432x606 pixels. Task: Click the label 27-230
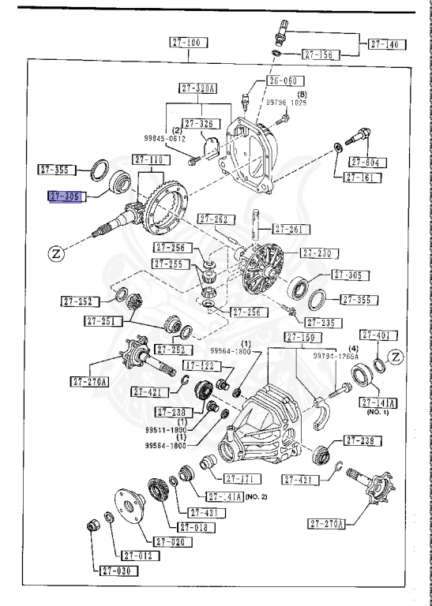pos(319,253)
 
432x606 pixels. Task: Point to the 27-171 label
pos(242,478)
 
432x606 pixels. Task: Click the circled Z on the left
pos(56,253)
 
